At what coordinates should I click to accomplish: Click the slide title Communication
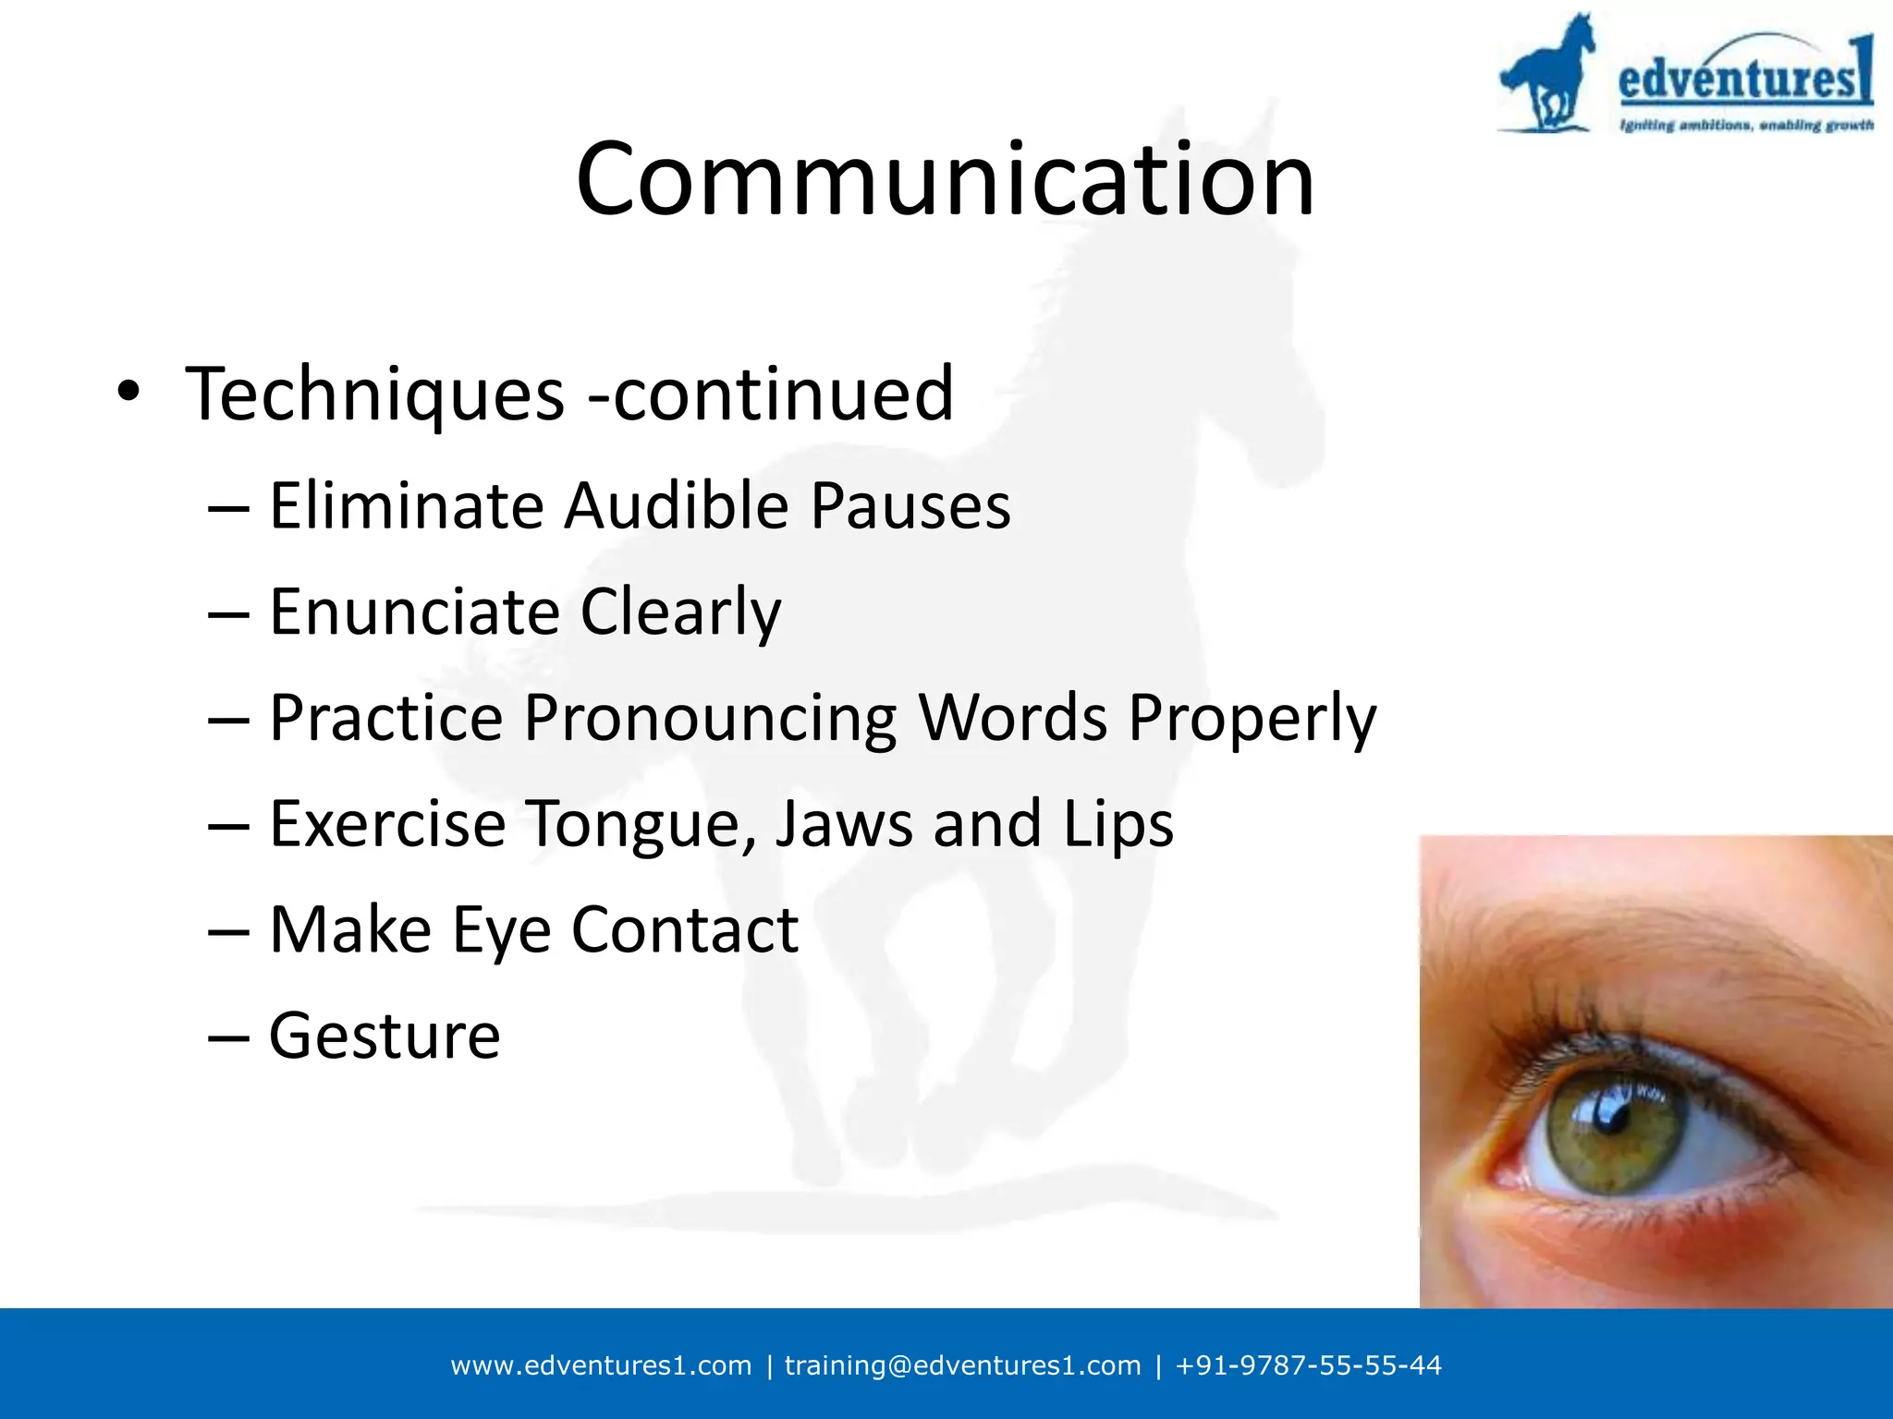[x=945, y=179]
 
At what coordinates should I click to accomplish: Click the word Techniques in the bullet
[x=374, y=395]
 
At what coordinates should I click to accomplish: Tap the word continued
[x=783, y=395]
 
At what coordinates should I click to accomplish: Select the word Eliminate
[x=406, y=507]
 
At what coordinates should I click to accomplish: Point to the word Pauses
[x=910, y=507]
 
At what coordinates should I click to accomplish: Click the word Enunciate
[x=414, y=612]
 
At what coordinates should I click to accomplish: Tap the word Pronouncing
[x=710, y=720]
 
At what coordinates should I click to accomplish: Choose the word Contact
[x=685, y=930]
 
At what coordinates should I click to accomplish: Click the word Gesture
[x=385, y=1037]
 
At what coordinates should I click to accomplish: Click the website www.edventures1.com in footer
[x=601, y=1365]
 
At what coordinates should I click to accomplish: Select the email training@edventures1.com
[x=962, y=1365]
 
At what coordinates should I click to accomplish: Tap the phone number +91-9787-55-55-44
[x=1308, y=1365]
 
